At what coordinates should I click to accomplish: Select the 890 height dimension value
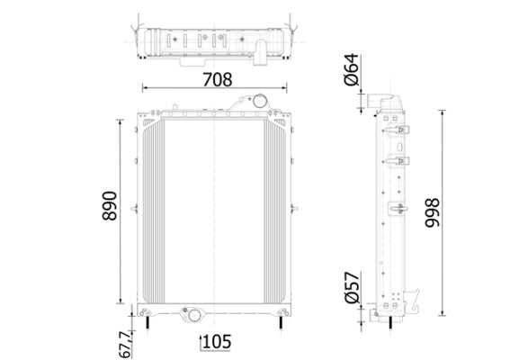[x=109, y=209]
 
